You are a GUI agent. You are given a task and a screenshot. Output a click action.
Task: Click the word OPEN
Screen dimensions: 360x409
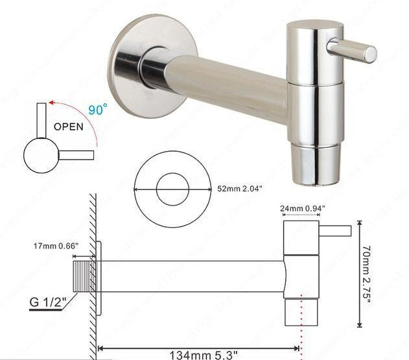point(68,127)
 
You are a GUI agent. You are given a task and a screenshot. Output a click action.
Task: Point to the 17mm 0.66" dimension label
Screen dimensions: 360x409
point(56,246)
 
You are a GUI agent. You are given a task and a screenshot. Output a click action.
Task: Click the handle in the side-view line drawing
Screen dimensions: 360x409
point(335,230)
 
